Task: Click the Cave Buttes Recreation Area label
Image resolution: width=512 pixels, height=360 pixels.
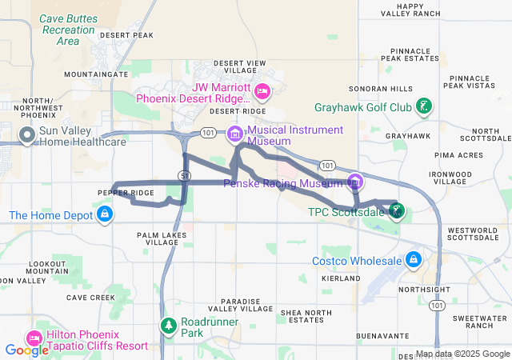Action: [68, 29]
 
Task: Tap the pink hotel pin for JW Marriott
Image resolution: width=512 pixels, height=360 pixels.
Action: [262, 93]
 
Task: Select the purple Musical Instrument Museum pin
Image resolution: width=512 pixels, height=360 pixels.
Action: [234, 134]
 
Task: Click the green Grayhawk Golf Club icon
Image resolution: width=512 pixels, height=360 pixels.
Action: [426, 106]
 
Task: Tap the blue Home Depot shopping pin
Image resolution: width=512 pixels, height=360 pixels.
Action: [104, 214]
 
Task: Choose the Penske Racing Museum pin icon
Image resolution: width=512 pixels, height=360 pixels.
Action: [354, 182]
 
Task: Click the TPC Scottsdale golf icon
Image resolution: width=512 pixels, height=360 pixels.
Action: [396, 211]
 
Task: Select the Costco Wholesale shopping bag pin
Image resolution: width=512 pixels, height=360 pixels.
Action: [414, 260]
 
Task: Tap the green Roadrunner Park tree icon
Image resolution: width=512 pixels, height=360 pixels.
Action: [168, 326]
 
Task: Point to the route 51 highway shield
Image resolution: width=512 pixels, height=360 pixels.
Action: [185, 174]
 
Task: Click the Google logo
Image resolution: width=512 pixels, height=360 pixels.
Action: [26, 350]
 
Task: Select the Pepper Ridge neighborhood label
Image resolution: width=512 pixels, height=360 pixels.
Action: [126, 194]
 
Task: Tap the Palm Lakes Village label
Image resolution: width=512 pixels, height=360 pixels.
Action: [158, 238]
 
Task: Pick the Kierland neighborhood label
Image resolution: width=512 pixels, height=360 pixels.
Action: [341, 278]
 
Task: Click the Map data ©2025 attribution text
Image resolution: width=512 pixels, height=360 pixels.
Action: [462, 354]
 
